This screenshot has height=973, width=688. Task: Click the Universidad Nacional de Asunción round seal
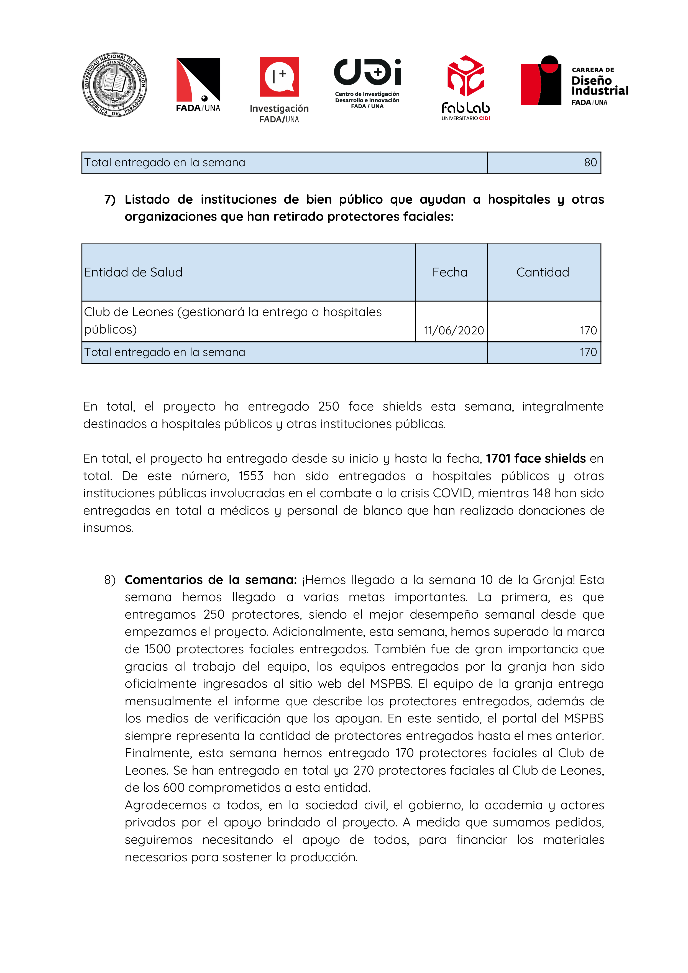click(x=114, y=85)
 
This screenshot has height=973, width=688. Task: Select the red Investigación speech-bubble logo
click(x=279, y=77)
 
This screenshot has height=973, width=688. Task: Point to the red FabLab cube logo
click(x=466, y=76)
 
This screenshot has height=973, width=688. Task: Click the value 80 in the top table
click(x=590, y=163)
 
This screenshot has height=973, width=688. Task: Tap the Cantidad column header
click(x=543, y=273)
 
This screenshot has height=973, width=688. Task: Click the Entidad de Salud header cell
click(x=133, y=273)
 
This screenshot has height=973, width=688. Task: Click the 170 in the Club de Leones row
click(x=588, y=331)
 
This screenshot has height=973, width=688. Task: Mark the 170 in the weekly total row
click(x=588, y=352)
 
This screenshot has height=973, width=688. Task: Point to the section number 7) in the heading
click(x=110, y=199)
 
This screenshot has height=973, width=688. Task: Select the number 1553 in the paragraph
click(x=251, y=476)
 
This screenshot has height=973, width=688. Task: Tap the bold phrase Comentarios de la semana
click(x=211, y=580)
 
